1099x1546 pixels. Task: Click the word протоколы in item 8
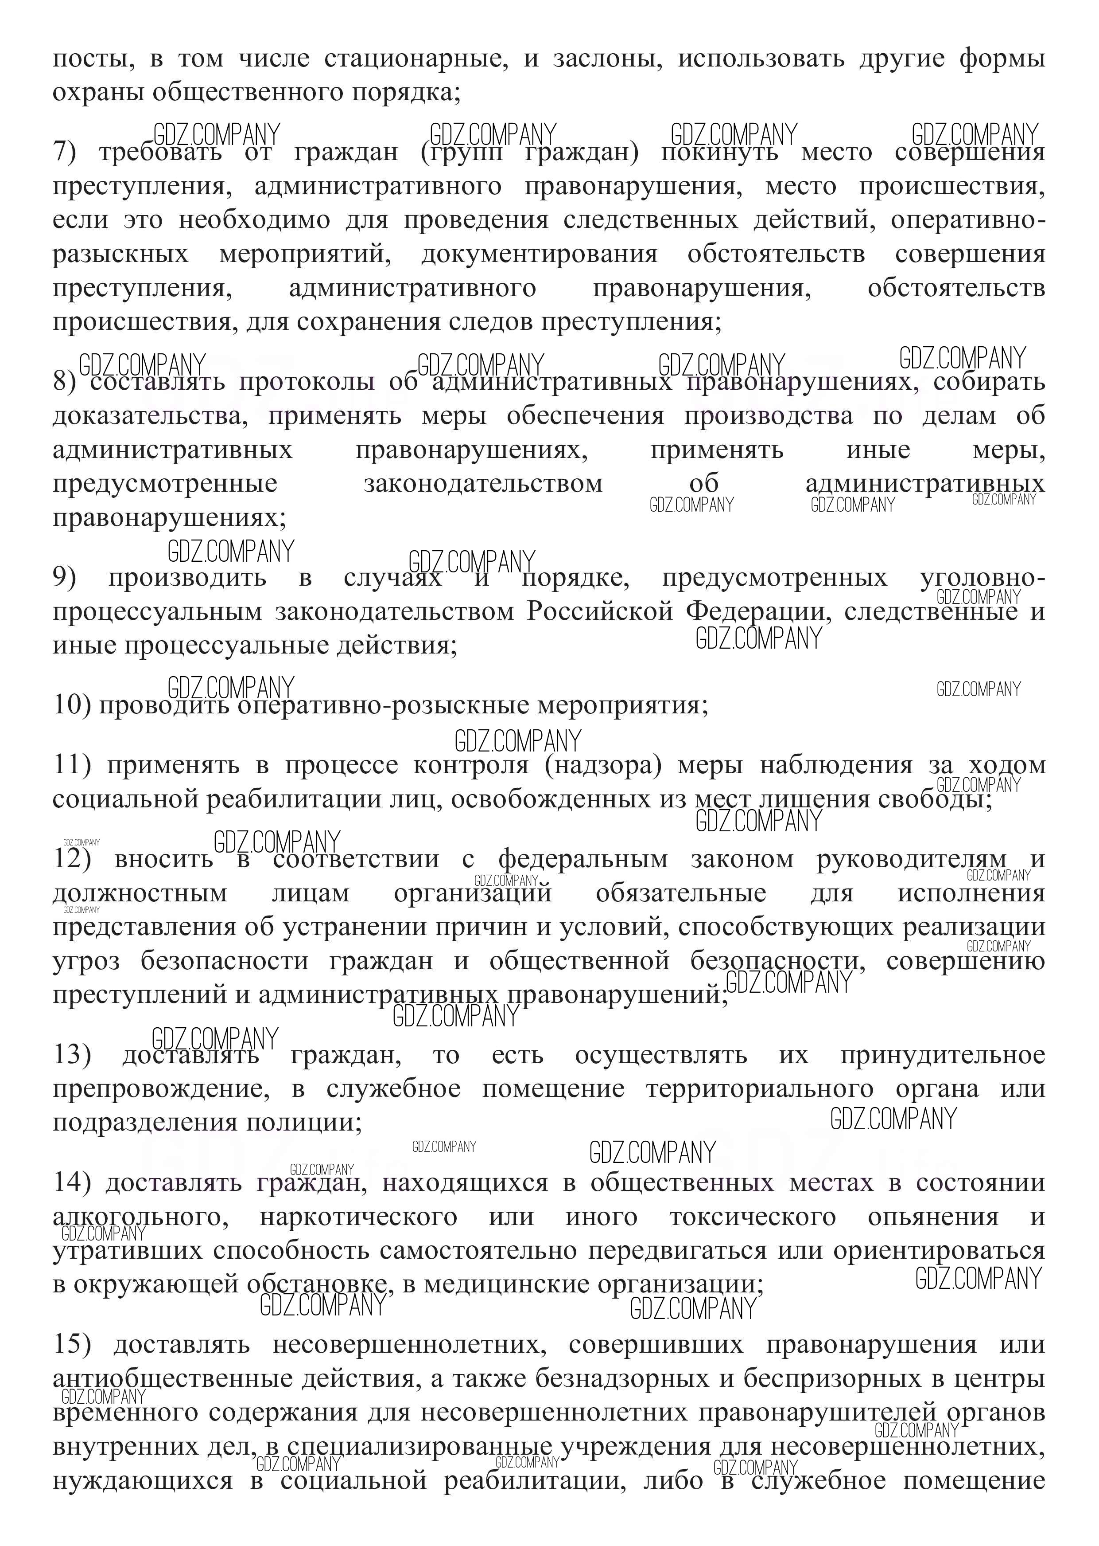click(306, 382)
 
